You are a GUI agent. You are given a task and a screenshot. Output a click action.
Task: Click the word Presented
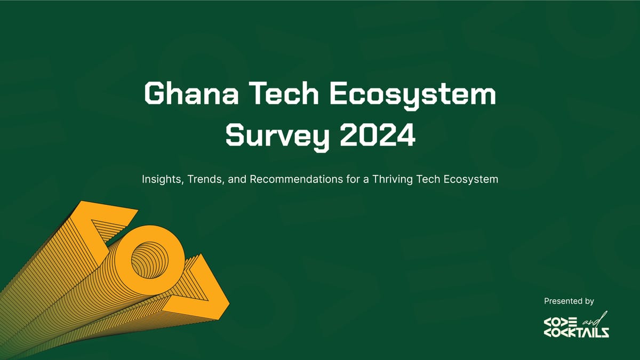pyautogui.click(x=562, y=301)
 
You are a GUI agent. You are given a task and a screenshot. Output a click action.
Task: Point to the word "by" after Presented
pyautogui.click(x=589, y=302)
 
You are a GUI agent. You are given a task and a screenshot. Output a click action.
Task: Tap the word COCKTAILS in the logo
pyautogui.click(x=576, y=333)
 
